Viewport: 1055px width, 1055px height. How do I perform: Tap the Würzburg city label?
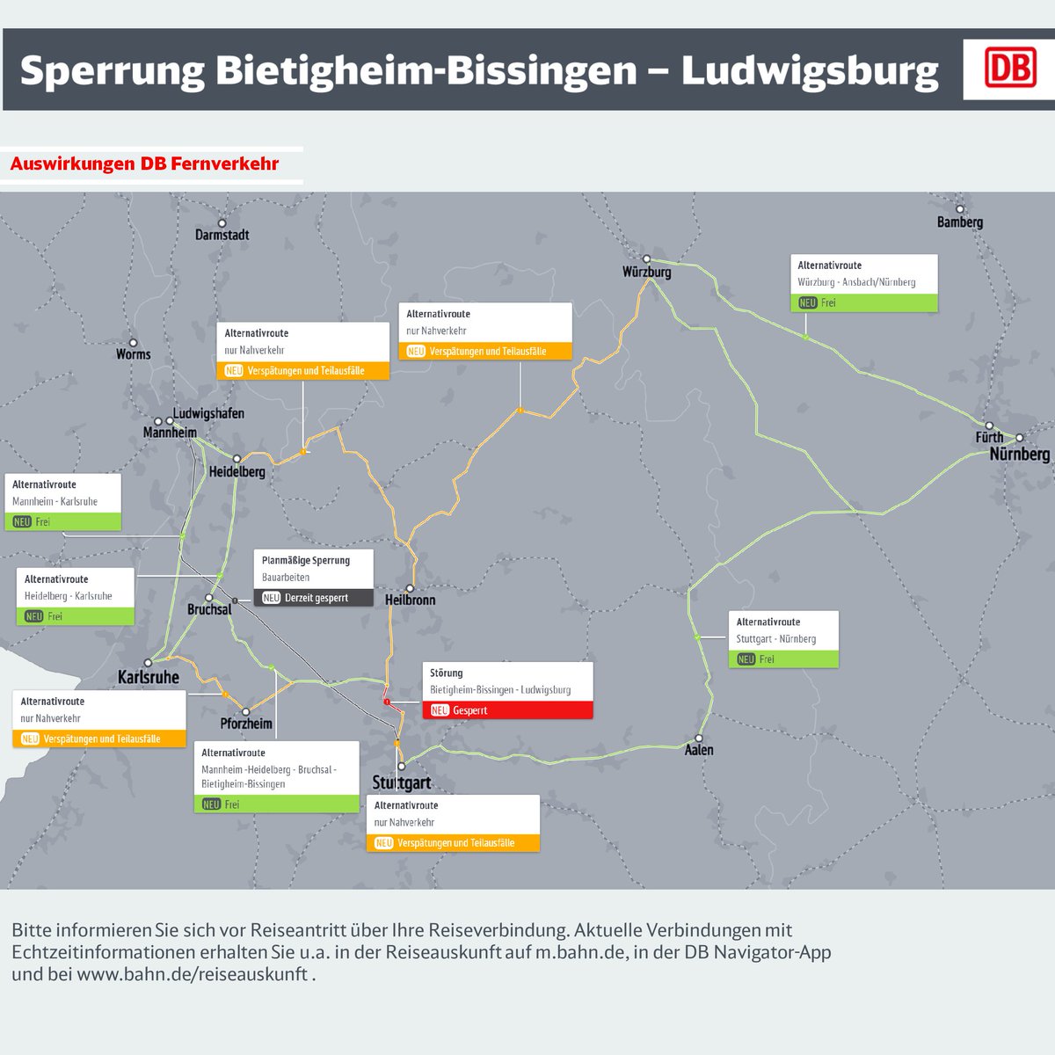[x=646, y=273]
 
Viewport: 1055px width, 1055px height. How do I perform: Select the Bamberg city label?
[x=960, y=222]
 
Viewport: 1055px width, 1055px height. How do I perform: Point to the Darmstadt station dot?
[x=222, y=223]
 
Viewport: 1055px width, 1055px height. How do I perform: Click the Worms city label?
[x=134, y=354]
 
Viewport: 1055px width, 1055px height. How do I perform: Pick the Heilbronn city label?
[x=410, y=600]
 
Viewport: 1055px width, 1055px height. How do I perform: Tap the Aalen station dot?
[x=700, y=738]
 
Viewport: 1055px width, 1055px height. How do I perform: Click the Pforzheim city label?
[x=246, y=724]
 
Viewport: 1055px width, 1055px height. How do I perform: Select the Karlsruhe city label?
[x=149, y=678]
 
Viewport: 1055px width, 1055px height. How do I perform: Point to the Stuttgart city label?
[x=402, y=782]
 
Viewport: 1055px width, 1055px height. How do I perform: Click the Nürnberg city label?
[x=1020, y=455]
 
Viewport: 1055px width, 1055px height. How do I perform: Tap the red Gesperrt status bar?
[x=507, y=710]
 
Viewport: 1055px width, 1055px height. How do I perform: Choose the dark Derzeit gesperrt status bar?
[x=314, y=598]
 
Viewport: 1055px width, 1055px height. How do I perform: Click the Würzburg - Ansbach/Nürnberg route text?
[x=856, y=282]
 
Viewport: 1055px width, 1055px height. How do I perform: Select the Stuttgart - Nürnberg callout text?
[x=776, y=639]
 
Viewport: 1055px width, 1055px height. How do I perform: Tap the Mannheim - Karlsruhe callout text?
[x=55, y=502]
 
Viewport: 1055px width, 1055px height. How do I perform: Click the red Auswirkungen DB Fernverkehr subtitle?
[x=145, y=164]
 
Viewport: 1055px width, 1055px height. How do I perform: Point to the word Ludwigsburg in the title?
[x=810, y=70]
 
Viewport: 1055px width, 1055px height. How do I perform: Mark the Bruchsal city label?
[x=209, y=609]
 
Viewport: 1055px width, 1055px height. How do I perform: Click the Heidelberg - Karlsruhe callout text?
[x=69, y=596]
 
